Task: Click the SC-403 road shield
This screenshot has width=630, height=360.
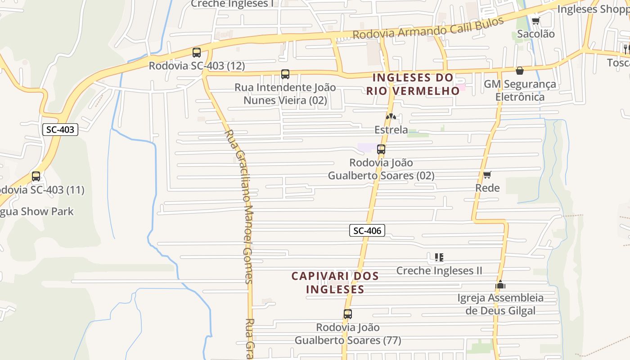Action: click(x=60, y=130)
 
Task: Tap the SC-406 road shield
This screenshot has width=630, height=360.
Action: click(x=367, y=231)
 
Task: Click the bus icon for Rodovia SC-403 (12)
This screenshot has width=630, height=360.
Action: click(x=197, y=53)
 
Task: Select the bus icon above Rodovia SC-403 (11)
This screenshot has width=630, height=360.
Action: click(x=36, y=176)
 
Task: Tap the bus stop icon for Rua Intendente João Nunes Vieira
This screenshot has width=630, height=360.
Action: click(x=285, y=74)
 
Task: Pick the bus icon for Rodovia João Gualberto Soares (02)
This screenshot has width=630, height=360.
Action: click(x=381, y=149)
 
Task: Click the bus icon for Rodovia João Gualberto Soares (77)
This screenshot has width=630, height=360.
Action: click(x=347, y=314)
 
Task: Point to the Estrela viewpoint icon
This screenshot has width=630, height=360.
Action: click(x=391, y=117)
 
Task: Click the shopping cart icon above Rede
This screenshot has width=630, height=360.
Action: click(x=487, y=175)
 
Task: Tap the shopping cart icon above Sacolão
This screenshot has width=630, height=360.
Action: click(x=535, y=21)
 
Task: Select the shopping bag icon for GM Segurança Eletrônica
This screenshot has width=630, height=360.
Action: click(x=520, y=71)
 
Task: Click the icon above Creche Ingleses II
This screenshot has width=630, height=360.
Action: click(x=439, y=257)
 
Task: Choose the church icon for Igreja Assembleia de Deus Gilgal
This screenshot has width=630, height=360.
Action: click(x=500, y=284)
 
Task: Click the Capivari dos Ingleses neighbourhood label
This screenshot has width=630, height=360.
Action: click(x=335, y=282)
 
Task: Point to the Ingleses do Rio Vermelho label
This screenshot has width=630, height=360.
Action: click(x=413, y=84)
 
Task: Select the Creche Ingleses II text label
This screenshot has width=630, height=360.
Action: click(x=439, y=270)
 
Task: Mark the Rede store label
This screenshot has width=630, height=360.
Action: click(x=487, y=188)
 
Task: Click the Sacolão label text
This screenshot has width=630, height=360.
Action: click(x=535, y=34)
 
